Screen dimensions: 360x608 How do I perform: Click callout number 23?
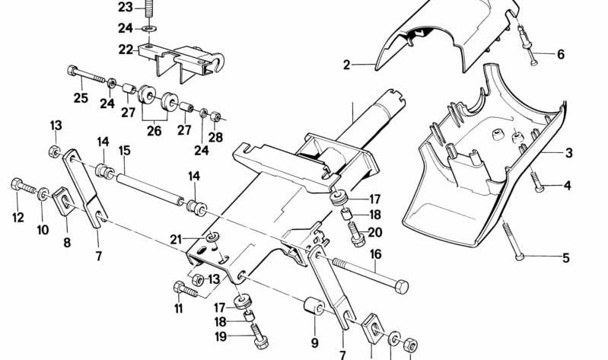click(125, 8)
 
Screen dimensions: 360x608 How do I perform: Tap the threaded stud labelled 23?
click(148, 9)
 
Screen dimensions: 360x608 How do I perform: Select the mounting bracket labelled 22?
click(183, 58)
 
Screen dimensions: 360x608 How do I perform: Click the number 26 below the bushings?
click(154, 130)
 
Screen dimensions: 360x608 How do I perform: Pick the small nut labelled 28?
click(215, 117)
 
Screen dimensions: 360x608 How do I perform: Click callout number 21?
click(176, 240)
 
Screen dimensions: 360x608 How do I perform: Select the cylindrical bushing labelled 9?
click(314, 309)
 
